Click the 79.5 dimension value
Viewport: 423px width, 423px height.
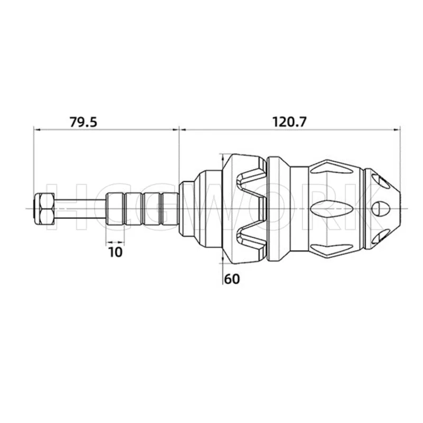coord(83,122)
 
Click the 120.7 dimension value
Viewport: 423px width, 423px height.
coord(289,122)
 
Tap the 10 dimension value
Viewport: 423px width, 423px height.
coord(115,252)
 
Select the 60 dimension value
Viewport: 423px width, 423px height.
coord(232,279)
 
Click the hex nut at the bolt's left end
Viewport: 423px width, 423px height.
coord(44,208)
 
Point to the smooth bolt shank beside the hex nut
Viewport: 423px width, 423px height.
coord(80,208)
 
